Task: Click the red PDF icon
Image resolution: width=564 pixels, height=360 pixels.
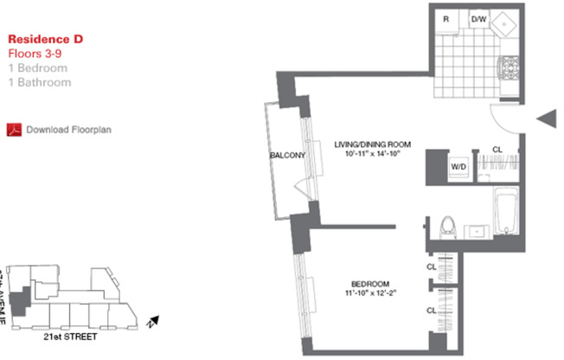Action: [x=13, y=130]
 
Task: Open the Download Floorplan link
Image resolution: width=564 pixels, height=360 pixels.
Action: [x=68, y=130]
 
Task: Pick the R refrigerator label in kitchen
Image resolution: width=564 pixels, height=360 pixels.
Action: [x=445, y=18]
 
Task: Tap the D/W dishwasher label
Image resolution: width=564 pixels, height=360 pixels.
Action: [x=477, y=18]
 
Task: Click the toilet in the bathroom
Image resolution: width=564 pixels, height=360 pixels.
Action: [x=447, y=227]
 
